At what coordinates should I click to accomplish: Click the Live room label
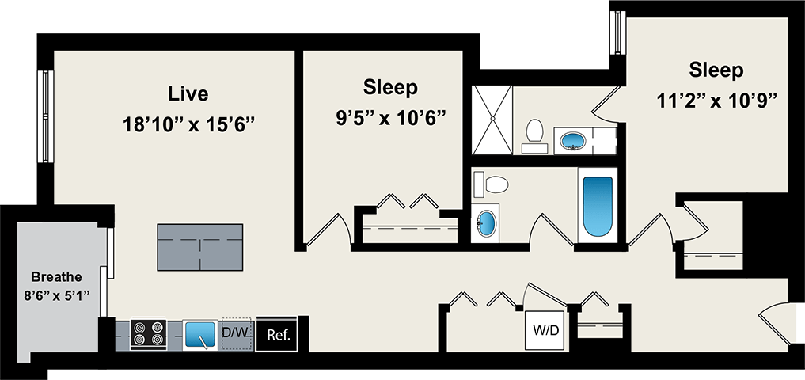click(x=188, y=93)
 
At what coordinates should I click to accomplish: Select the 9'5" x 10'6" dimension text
click(x=390, y=116)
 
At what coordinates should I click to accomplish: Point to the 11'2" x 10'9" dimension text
click(x=716, y=101)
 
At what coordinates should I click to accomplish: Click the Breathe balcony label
click(x=56, y=277)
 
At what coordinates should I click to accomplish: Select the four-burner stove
click(x=148, y=334)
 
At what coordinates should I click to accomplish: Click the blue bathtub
click(x=598, y=207)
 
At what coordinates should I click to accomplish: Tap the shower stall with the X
click(x=492, y=120)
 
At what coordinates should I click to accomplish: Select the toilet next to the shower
click(x=535, y=135)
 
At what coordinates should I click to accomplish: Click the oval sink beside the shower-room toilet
click(x=573, y=141)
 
